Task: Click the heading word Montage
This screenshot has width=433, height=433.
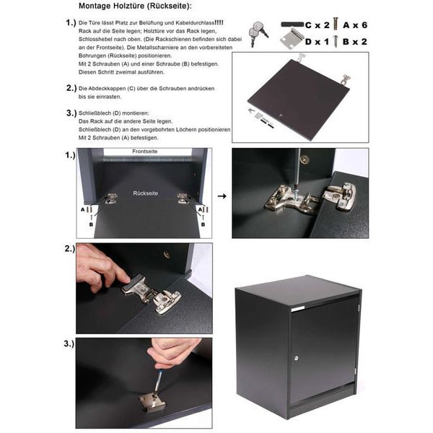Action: coord(95,6)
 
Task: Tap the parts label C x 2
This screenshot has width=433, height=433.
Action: coord(318,25)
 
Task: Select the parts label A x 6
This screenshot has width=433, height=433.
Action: coord(355,25)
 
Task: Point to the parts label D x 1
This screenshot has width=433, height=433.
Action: coord(318,42)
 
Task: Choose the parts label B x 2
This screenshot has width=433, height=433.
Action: coord(355,42)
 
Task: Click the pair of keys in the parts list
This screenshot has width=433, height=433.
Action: coord(258,33)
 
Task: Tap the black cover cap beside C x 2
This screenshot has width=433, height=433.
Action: coord(292,25)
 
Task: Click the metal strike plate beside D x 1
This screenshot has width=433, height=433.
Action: coord(292,39)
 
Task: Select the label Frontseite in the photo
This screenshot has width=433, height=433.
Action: coord(145,152)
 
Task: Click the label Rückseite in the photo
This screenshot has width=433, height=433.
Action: coord(146,193)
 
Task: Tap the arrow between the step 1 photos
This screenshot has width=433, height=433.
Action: coord(222,196)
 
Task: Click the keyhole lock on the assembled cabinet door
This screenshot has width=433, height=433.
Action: coord(297,358)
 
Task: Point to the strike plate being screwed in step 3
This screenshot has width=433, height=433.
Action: coord(152,402)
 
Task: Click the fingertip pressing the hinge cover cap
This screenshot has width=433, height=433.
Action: coord(125,279)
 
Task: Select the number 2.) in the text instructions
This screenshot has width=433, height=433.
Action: coord(71,88)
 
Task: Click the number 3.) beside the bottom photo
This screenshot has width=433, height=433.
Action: coord(69,344)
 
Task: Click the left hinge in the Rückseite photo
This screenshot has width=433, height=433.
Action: coord(111,198)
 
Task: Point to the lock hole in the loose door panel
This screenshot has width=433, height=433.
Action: coord(281,115)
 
